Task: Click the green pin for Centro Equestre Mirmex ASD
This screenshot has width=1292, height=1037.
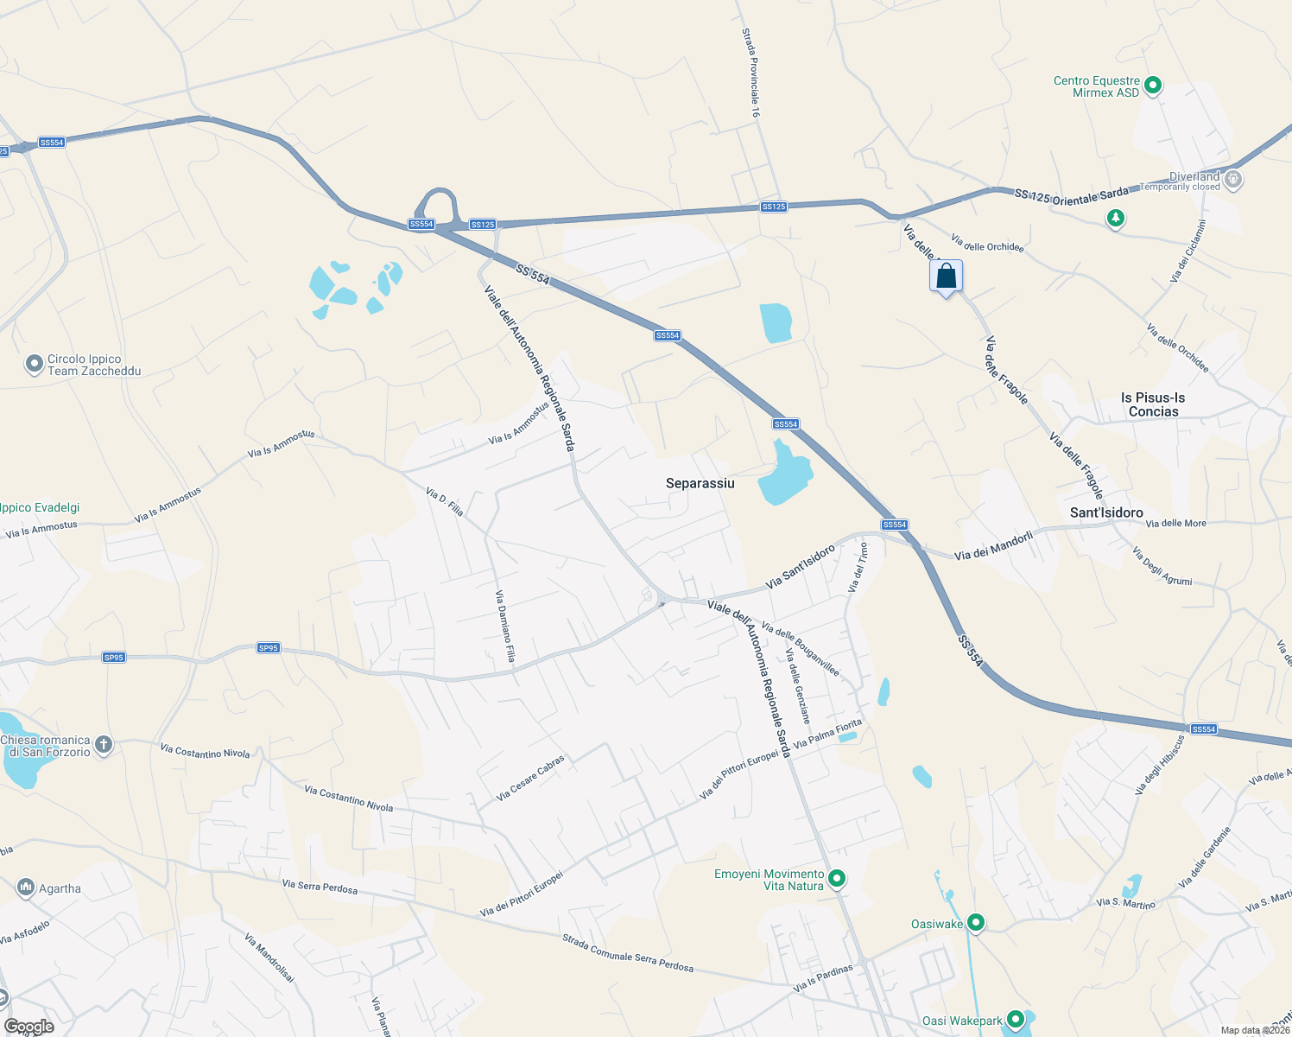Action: click(x=1152, y=86)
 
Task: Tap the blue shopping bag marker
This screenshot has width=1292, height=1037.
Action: click(x=947, y=277)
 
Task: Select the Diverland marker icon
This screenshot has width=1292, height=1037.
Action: click(x=1233, y=180)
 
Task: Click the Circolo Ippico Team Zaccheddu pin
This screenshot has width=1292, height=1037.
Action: click(x=35, y=365)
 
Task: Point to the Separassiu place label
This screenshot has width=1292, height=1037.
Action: click(x=700, y=483)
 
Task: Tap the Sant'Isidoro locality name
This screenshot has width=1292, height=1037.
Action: click(x=1105, y=512)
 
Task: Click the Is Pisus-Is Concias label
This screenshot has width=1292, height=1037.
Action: click(x=1153, y=404)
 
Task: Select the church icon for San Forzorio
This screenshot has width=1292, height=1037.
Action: click(x=104, y=745)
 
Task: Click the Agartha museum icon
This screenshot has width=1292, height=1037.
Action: click(x=25, y=887)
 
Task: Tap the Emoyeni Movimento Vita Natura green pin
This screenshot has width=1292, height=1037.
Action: click(x=836, y=879)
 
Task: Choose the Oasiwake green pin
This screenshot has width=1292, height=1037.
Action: click(x=976, y=924)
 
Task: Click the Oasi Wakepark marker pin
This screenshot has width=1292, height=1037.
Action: click(x=1016, y=1020)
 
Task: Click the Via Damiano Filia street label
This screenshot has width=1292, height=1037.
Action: click(x=505, y=627)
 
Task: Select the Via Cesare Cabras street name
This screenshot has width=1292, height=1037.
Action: click(x=530, y=778)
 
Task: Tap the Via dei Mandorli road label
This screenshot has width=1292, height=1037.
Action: click(x=993, y=545)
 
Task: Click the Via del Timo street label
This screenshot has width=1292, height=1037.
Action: click(x=858, y=567)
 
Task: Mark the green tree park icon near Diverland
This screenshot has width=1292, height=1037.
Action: click(x=1116, y=218)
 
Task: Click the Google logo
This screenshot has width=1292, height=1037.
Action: click(x=28, y=1027)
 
